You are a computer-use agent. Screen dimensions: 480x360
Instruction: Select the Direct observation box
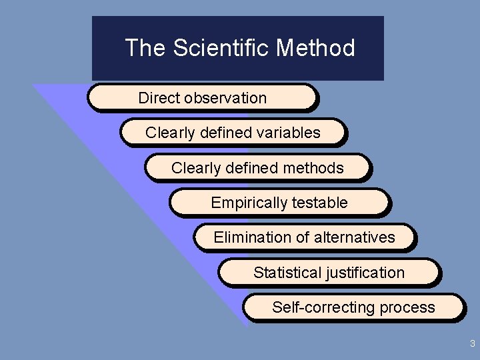pyautogui.click(x=201, y=97)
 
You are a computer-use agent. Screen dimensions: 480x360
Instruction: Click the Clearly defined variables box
pyautogui.click(x=233, y=132)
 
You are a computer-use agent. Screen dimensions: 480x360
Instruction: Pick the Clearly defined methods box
pyautogui.click(x=257, y=167)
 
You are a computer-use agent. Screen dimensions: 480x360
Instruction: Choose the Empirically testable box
pyautogui.click(x=279, y=203)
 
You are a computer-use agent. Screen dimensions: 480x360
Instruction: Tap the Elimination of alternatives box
pyautogui.click(x=304, y=237)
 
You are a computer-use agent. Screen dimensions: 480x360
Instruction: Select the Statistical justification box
pyautogui.click(x=329, y=272)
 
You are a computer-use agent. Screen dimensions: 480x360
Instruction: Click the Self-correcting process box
pyautogui.click(x=353, y=307)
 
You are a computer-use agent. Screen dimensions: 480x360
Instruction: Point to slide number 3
pyautogui.click(x=472, y=344)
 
